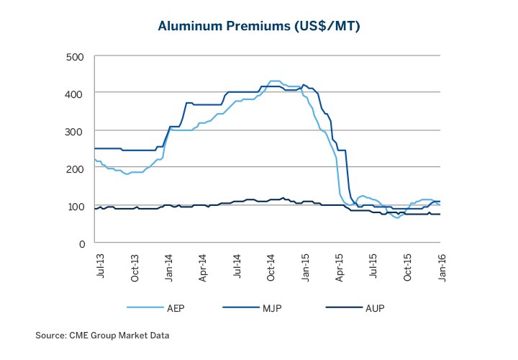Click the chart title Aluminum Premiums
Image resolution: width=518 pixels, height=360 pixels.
[259, 27]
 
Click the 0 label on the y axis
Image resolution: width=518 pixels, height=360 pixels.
[82, 243]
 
